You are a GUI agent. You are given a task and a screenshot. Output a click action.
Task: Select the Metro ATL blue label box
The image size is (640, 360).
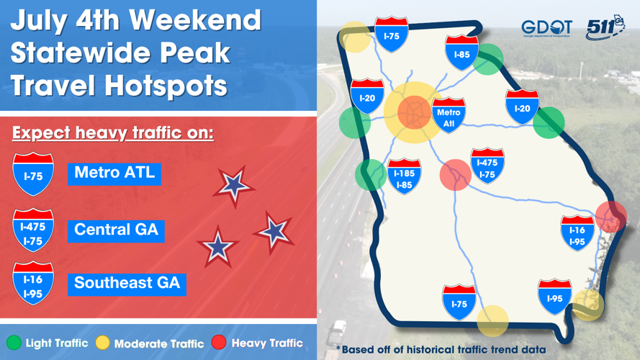click(x=114, y=174)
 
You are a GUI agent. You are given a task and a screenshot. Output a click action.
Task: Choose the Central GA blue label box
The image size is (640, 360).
click(x=116, y=230)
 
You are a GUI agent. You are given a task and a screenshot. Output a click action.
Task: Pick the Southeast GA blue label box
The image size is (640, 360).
click(x=127, y=282)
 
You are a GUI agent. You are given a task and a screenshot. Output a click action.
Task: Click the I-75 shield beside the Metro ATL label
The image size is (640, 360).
click(x=33, y=174)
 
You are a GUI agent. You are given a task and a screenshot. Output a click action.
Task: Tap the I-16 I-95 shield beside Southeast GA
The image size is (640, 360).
click(x=33, y=283)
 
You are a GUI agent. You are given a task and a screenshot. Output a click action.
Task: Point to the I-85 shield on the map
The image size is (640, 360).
click(x=461, y=53)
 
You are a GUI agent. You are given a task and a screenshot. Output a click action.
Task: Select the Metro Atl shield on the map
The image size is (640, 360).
click(x=449, y=115)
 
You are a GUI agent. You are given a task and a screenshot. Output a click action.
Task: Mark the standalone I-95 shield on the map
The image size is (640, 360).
click(x=554, y=297)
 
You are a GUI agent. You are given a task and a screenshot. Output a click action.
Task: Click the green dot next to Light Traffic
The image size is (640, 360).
click(x=14, y=343)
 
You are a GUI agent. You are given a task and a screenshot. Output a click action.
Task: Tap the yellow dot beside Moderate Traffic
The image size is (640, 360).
click(x=103, y=343)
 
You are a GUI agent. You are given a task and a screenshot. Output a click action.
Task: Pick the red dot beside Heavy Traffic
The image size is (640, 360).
click(x=219, y=343)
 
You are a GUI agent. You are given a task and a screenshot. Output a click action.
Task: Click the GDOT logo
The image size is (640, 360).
click(x=546, y=27)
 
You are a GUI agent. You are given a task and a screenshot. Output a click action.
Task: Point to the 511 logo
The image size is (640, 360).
click(x=603, y=27)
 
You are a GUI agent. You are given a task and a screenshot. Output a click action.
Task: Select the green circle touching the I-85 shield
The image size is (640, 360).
click(x=488, y=59)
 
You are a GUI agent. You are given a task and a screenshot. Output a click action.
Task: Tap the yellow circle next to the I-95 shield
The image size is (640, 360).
click(x=588, y=305)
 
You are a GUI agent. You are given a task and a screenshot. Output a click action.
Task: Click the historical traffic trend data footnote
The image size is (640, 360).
click(x=441, y=350)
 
